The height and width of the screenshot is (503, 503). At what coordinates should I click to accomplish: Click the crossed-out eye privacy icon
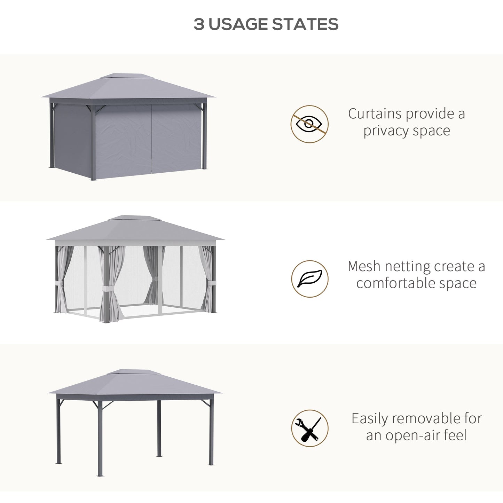pos(309,124)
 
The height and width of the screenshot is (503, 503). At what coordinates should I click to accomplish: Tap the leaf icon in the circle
pos(309,279)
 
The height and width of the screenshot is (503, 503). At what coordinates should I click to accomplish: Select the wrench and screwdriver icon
pos(309,428)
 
